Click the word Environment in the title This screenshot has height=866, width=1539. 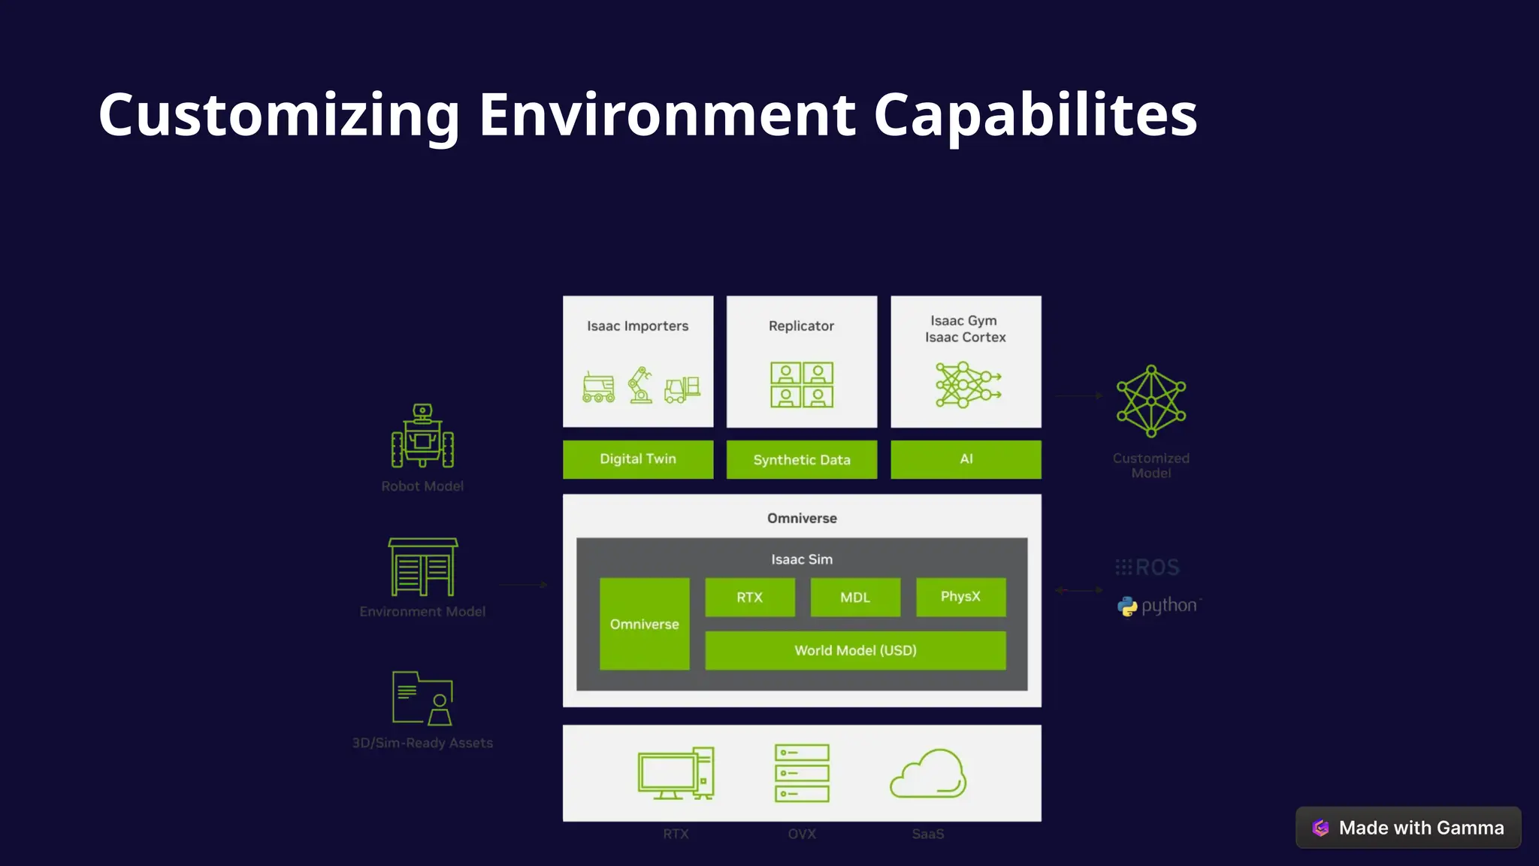click(x=667, y=115)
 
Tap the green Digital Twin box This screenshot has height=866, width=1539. click(x=638, y=459)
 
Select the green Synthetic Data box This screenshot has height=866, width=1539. click(x=802, y=459)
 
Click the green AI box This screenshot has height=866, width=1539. click(x=966, y=459)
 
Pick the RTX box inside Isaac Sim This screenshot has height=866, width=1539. click(x=749, y=597)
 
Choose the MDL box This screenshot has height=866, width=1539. click(x=855, y=597)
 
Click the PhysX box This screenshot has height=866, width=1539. click(x=960, y=597)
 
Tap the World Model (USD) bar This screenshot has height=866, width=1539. click(x=855, y=650)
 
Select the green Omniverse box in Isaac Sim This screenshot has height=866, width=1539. click(x=644, y=624)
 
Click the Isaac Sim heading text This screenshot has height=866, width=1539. click(x=802, y=559)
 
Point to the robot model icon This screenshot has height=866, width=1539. click(x=422, y=436)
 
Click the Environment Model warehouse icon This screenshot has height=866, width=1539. click(x=422, y=567)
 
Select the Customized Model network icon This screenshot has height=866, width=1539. click(x=1150, y=401)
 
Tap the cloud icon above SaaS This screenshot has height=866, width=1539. click(x=928, y=774)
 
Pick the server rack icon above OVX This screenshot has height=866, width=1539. click(x=802, y=774)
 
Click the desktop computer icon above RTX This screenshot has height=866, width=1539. click(x=676, y=774)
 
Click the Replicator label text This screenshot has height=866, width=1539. click(x=801, y=326)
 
